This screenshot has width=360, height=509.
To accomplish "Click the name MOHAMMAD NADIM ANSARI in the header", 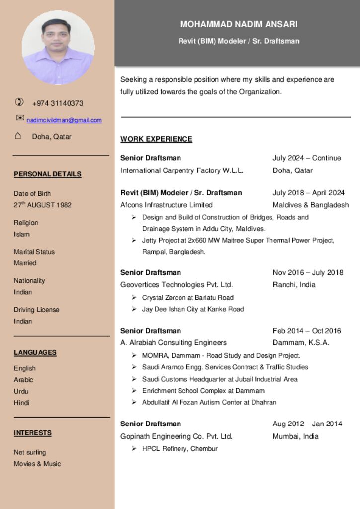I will [239, 24].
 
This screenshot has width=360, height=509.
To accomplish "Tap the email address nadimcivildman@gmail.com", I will [64, 120].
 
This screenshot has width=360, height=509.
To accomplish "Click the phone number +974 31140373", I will [58, 103].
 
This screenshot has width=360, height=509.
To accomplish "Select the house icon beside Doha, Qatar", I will [18, 136].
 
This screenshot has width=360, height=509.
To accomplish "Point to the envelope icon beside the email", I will [20, 118].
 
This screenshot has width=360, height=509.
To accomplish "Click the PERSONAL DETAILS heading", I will [48, 174].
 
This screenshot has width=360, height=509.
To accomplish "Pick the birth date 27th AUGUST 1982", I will [43, 205].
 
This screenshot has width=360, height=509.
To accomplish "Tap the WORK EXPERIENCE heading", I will [156, 139].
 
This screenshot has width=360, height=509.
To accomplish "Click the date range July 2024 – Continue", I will [306, 158].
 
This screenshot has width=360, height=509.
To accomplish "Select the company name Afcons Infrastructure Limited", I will [167, 205].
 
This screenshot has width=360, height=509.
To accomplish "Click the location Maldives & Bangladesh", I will [310, 205].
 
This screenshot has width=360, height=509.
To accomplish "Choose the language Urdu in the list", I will [21, 391].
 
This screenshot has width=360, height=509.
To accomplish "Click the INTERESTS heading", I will [33, 433].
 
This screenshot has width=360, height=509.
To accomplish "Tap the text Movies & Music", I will [37, 464].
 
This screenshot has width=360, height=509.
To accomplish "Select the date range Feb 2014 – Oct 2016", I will [306, 331].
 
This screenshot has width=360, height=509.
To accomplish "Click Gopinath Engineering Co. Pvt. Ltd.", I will [177, 436].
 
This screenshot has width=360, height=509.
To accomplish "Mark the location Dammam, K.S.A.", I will [301, 342].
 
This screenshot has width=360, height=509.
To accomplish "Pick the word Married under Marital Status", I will [25, 263].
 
